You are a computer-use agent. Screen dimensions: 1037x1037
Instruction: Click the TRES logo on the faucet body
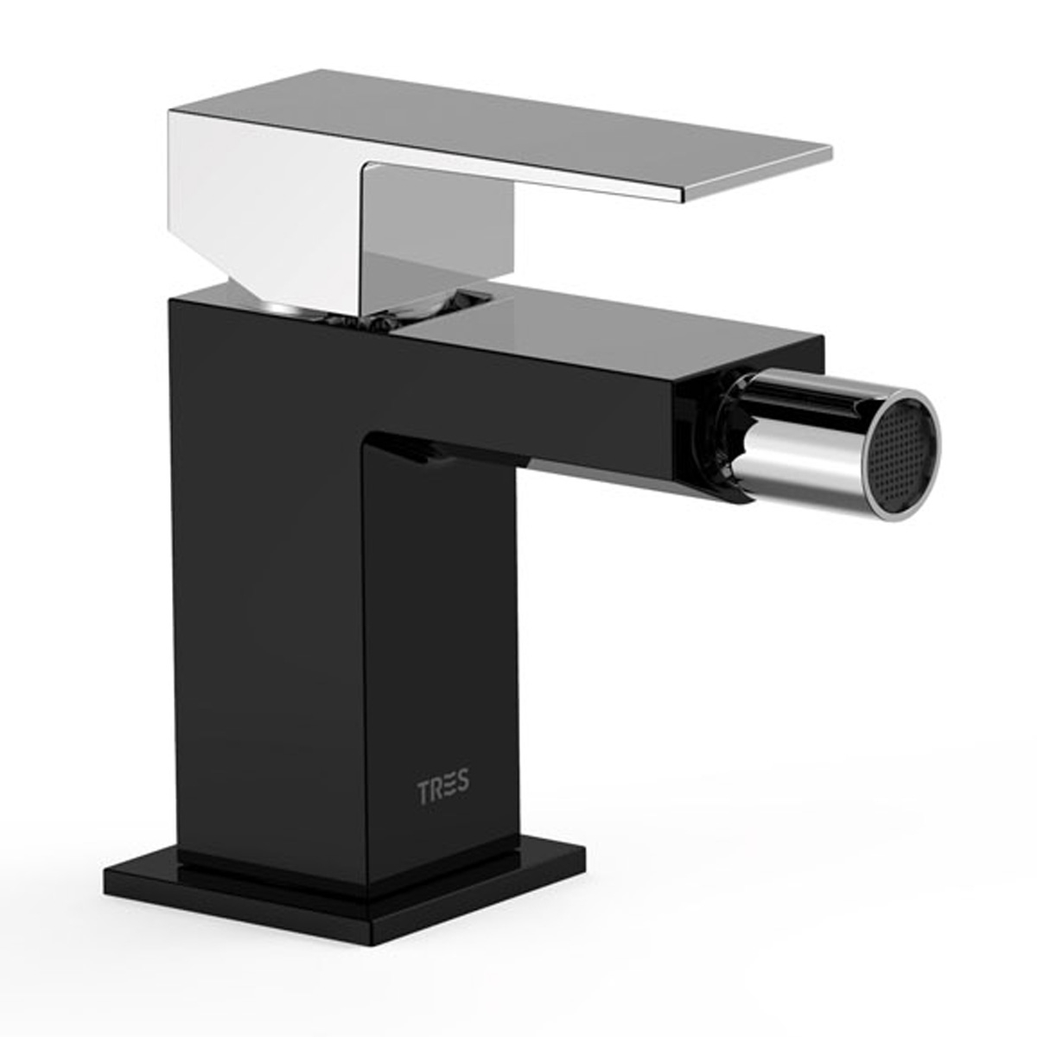[443, 788]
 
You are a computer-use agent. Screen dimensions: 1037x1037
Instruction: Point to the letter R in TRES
[436, 788]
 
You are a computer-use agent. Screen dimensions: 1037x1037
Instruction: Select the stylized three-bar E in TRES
[450, 788]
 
